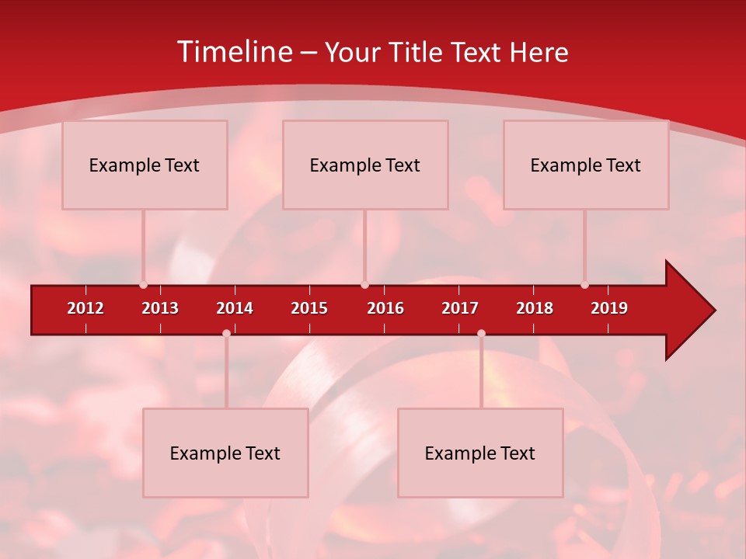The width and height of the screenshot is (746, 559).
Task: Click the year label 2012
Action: (85, 308)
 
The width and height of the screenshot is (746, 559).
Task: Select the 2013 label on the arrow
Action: (160, 308)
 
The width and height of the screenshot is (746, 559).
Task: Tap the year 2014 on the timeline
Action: (235, 308)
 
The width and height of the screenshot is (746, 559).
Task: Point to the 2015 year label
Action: (309, 308)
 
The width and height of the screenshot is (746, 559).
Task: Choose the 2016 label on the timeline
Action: (385, 308)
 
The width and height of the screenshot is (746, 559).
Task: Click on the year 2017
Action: (460, 308)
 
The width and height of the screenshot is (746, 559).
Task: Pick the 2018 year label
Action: (535, 308)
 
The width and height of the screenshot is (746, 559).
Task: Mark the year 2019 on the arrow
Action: (609, 308)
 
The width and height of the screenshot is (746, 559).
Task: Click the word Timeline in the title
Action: (233, 52)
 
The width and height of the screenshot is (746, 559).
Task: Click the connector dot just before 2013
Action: (143, 285)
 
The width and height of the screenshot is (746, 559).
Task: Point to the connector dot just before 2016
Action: (364, 285)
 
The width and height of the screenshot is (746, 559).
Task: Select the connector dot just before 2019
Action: (584, 285)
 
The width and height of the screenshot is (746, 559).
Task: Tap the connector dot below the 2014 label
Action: (226, 334)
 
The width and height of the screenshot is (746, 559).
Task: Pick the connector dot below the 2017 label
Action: (481, 334)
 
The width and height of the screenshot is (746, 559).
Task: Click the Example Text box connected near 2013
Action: (145, 165)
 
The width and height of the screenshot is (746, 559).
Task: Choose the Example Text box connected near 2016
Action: (365, 165)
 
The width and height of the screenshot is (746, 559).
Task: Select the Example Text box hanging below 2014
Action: (225, 453)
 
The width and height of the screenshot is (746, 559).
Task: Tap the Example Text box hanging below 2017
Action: (480, 453)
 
